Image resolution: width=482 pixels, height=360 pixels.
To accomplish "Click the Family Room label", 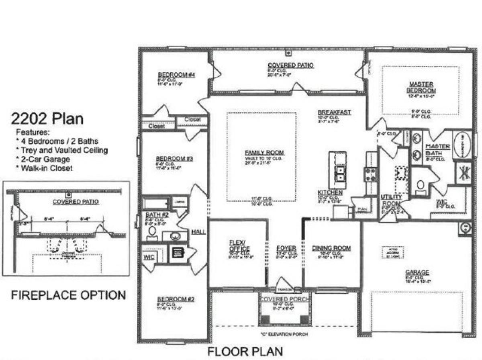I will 264,152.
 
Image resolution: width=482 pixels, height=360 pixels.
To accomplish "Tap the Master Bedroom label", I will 421,87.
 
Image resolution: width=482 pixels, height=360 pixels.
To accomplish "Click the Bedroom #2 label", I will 176,299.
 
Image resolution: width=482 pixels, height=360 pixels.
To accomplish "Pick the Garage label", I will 417,272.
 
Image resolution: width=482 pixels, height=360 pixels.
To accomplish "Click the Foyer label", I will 286,248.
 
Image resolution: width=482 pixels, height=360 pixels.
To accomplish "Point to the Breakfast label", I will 334,112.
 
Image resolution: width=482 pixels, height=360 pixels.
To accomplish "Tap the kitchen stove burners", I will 370,174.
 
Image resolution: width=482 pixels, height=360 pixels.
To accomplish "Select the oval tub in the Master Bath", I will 463,145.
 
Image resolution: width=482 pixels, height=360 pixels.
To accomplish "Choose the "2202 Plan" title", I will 47,119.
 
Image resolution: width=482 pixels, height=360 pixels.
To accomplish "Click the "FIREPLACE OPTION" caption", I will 68,295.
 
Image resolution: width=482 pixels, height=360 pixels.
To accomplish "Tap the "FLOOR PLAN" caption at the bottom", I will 245,351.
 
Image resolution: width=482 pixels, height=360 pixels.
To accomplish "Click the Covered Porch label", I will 285,300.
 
